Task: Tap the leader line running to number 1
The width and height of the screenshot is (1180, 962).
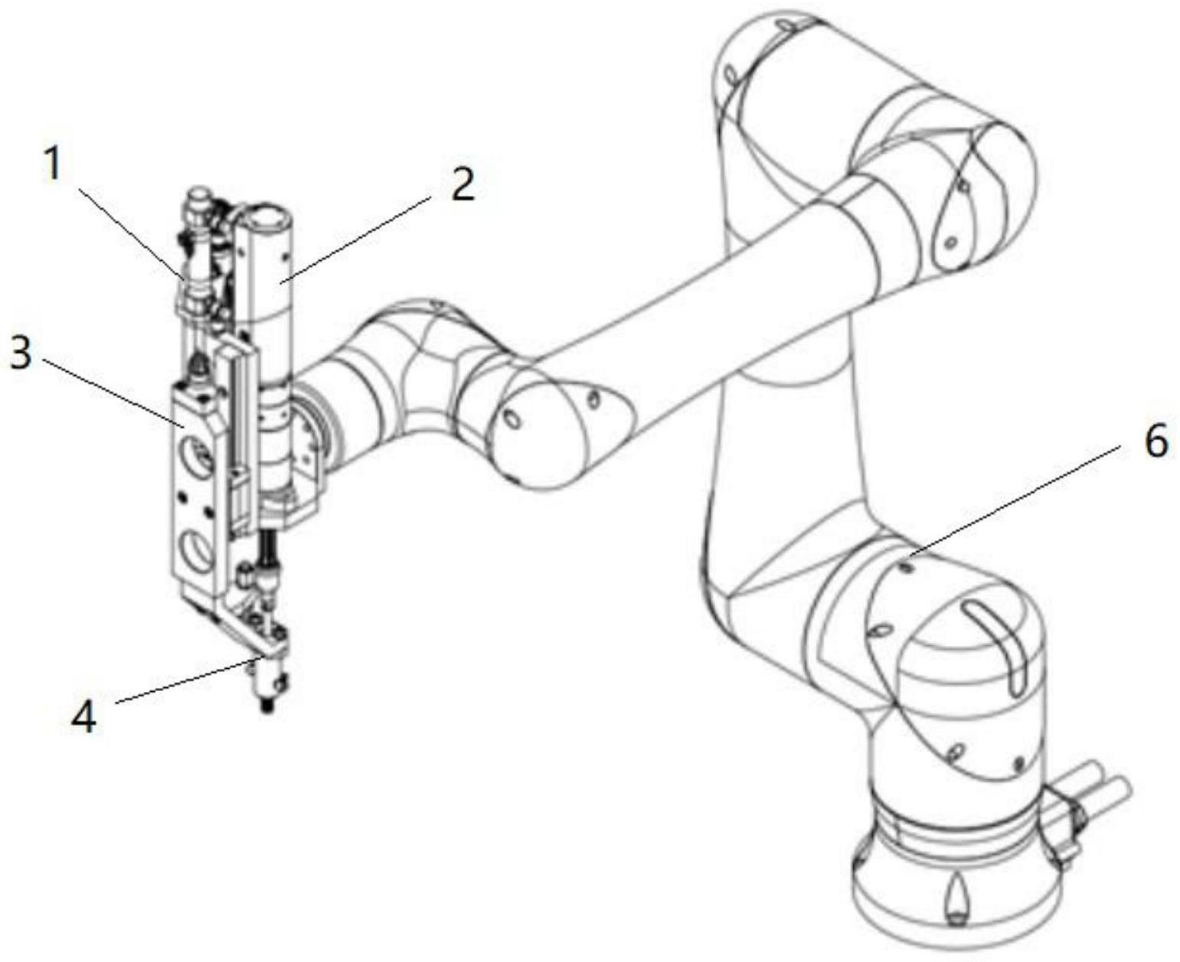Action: coord(131,233)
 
